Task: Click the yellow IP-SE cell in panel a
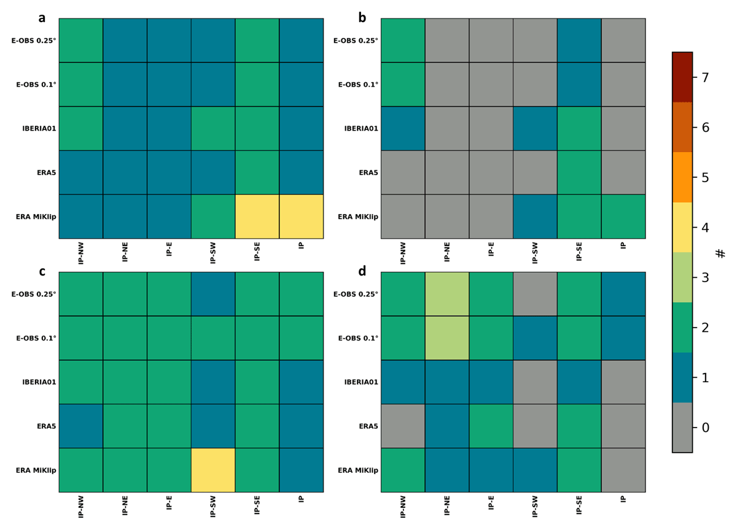coord(257,217)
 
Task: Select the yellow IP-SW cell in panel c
coord(213,470)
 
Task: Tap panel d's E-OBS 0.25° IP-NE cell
coord(447,294)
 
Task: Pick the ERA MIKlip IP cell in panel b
coord(623,217)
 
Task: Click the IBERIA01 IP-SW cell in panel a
coord(213,128)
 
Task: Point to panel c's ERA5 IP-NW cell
coord(81,426)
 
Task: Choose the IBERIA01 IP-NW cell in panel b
coord(403,128)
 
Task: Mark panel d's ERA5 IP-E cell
coord(491,426)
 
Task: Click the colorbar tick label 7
coord(705,77)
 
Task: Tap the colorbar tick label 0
coord(706,428)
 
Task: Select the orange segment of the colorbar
coord(682,177)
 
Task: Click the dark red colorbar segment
coord(682,77)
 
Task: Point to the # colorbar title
coord(720,253)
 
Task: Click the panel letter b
coord(362,18)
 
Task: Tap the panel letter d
coord(362,271)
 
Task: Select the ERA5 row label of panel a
coord(47,172)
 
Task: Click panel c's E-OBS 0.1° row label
coord(36,338)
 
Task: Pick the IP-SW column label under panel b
coord(535,253)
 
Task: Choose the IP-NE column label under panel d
coord(447,507)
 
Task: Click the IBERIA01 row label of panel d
coord(361,382)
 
